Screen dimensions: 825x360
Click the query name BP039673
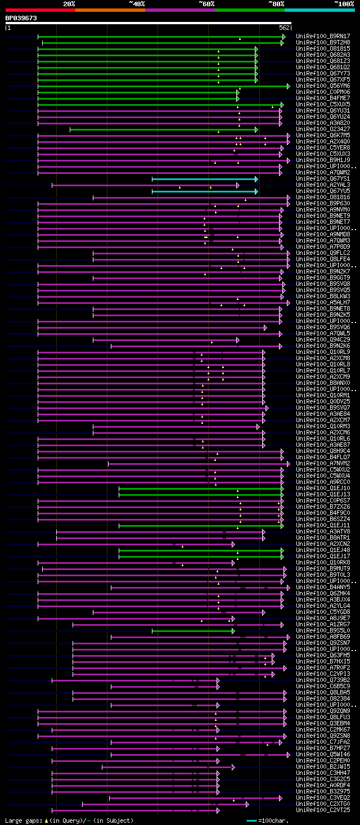(21, 18)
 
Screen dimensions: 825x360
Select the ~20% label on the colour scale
(69, 3)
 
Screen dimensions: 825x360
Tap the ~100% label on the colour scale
(344, 3)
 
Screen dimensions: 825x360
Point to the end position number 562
(284, 27)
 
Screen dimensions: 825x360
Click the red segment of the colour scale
(40, 10)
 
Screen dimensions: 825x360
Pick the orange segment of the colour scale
(110, 10)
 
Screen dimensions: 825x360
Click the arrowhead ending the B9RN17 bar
(284, 37)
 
